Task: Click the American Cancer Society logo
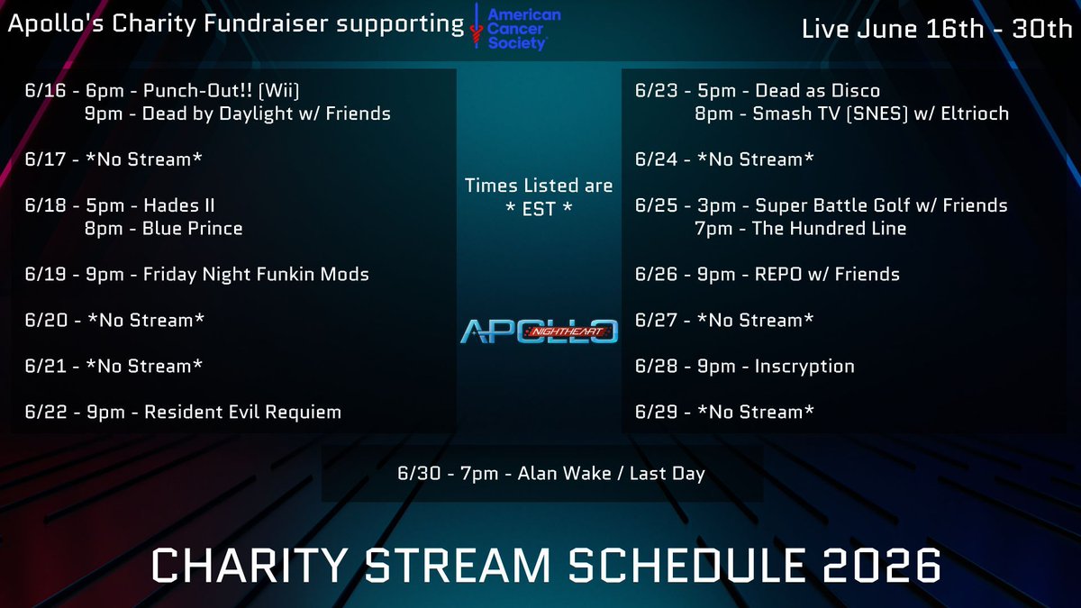[515, 28]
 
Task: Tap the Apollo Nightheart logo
[539, 331]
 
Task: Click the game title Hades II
[179, 205]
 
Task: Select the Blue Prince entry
[192, 229]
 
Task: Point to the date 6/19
[45, 275]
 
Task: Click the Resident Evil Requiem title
[242, 413]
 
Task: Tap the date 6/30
[419, 474]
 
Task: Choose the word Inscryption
[804, 367]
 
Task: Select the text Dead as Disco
[817, 91]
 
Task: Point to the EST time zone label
[539, 209]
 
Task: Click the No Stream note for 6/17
[144, 159]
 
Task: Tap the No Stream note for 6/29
[756, 413]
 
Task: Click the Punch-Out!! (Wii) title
[221, 91]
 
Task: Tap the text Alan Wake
[565, 474]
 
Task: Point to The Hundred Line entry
[829, 229]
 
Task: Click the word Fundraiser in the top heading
[266, 23]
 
